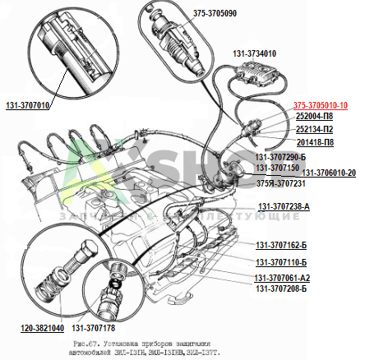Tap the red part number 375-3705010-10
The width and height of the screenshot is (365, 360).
coord(321,105)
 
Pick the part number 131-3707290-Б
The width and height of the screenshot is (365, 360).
coord(280,156)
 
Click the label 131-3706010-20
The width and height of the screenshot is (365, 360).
coord(328,173)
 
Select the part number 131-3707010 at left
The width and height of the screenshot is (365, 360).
coord(28,106)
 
